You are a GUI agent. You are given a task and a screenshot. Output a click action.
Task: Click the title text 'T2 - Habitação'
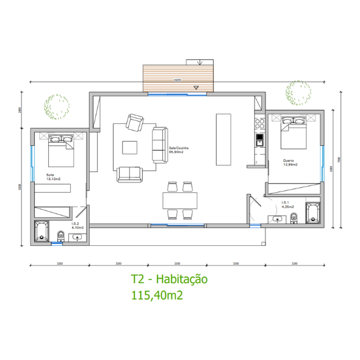[169, 279]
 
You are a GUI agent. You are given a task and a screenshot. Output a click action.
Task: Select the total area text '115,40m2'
[157, 295]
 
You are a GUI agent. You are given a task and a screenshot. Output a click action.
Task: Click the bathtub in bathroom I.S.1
[312, 213]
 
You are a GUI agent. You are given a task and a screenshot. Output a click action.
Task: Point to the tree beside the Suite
[57, 106]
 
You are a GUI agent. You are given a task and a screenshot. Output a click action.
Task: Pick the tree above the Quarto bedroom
[298, 93]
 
